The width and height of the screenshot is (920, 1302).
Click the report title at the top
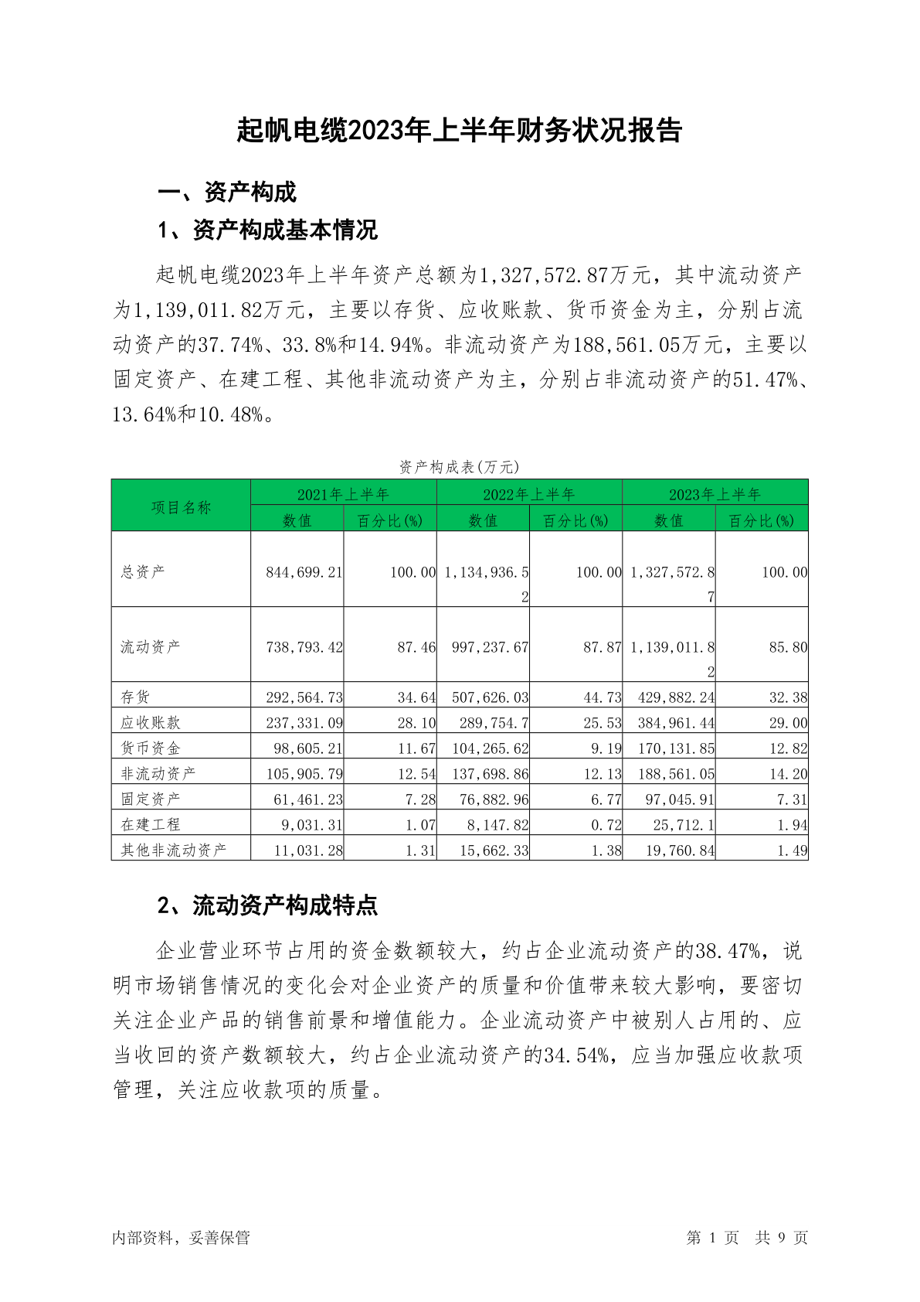pos(460,131)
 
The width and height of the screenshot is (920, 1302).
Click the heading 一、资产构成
pos(227,192)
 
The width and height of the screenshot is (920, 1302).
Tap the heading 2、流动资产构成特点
pos(267,905)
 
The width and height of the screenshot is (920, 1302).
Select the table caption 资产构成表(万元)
pos(459,467)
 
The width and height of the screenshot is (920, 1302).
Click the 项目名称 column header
pos(181,507)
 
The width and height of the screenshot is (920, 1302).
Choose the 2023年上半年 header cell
pos(715,494)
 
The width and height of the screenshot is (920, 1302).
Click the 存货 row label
pos(135,697)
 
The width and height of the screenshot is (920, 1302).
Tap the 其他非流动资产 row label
pos(173,850)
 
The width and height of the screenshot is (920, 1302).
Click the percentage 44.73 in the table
pos(603,697)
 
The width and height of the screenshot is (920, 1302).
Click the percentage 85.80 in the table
pos(788,647)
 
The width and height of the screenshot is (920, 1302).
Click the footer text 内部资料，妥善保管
pos(181,1238)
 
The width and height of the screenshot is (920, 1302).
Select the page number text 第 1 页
pos(712,1238)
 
